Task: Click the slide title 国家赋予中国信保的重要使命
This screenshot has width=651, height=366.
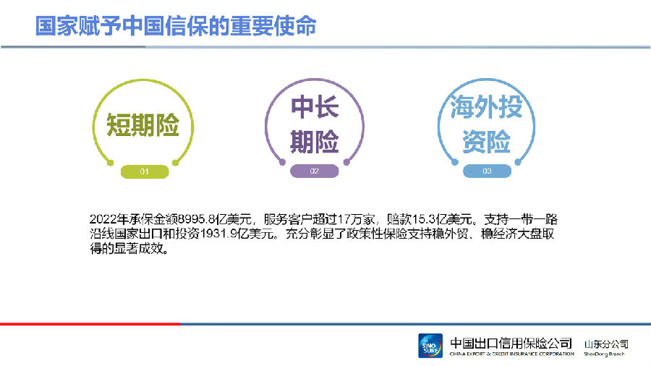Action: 176,26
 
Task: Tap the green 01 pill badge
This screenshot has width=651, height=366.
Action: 145,171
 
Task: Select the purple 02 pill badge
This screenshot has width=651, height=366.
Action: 315,171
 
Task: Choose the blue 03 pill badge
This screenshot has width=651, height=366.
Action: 487,171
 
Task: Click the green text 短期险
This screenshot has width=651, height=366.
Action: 142,125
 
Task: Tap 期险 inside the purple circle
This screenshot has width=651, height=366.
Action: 315,141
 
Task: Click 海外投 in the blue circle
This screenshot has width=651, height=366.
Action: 486,106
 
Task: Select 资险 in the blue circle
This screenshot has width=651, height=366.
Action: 486,141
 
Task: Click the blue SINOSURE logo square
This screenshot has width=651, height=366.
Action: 430,346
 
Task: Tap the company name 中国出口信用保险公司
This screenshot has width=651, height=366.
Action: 511,343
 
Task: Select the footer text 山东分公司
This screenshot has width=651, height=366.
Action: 606,344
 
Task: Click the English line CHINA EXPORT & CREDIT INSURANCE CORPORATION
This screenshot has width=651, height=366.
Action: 512,354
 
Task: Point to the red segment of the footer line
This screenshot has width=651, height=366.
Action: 90,323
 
